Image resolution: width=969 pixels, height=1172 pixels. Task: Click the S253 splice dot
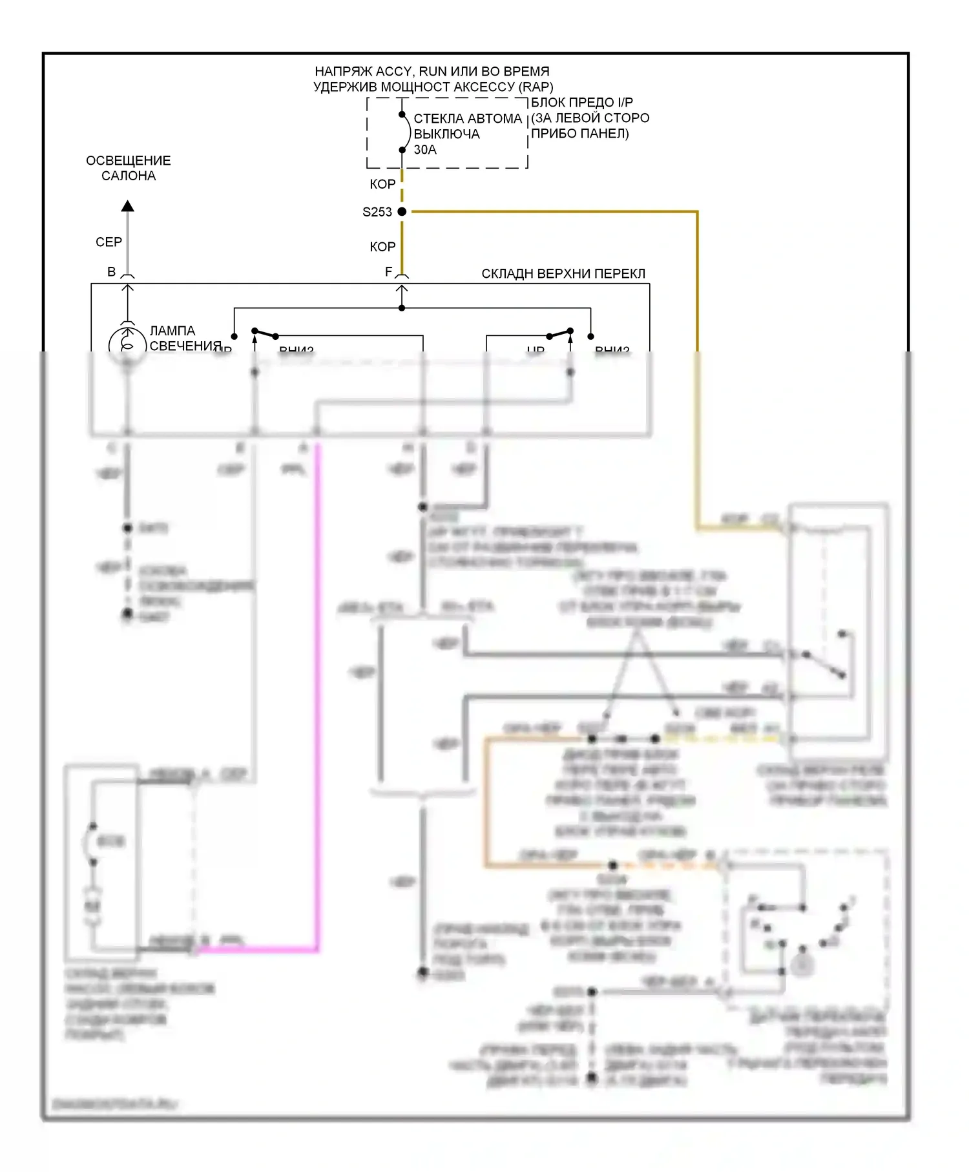pyautogui.click(x=402, y=211)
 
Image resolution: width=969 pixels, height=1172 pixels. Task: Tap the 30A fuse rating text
pyautogui.click(x=425, y=150)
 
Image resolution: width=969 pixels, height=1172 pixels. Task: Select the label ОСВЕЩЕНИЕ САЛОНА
pyautogui.click(x=129, y=168)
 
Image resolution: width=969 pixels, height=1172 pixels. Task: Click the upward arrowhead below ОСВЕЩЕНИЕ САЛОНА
pyautogui.click(x=128, y=206)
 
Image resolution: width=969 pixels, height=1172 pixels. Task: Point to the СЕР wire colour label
pyautogui.click(x=109, y=242)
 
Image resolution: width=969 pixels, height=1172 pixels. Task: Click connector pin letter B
pyautogui.click(x=112, y=272)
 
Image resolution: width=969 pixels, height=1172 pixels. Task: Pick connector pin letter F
pyautogui.click(x=388, y=272)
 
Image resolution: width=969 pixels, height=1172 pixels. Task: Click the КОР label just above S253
pyautogui.click(x=382, y=184)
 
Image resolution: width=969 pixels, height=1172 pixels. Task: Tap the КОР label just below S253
pyautogui.click(x=382, y=247)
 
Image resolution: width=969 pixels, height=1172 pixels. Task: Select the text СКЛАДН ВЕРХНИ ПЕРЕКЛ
pyautogui.click(x=563, y=274)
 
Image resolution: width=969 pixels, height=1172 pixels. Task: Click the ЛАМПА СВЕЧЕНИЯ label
pyautogui.click(x=173, y=339)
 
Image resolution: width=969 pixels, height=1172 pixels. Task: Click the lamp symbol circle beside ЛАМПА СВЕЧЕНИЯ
pyautogui.click(x=127, y=342)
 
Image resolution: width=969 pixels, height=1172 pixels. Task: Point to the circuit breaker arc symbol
pyautogui.click(x=407, y=132)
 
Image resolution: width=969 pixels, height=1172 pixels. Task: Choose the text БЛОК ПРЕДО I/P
pyautogui.click(x=582, y=103)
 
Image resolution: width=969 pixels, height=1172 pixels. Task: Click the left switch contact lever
pyautogui.click(x=265, y=333)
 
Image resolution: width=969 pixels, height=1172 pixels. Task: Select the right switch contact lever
pyautogui.click(x=559, y=333)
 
